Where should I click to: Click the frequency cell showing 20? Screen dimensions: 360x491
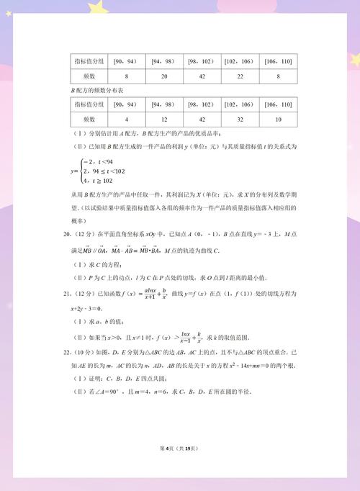[164, 76]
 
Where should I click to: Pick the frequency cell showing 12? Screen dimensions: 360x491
[164, 119]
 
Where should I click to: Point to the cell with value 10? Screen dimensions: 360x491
[277, 119]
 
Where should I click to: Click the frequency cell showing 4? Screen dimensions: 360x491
[126, 119]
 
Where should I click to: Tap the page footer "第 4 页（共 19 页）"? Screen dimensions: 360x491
[180, 449]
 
